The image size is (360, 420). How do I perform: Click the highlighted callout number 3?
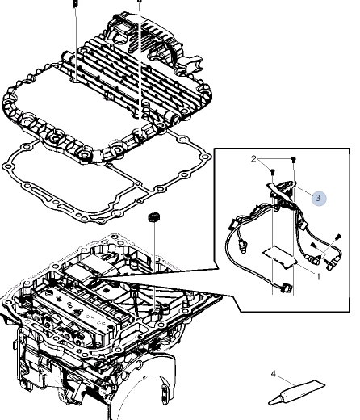(318, 198)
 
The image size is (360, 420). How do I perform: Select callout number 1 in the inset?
(318, 276)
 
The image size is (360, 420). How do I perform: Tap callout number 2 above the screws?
(253, 159)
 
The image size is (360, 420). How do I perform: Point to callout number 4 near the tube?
(274, 374)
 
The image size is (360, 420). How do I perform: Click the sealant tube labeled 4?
(296, 393)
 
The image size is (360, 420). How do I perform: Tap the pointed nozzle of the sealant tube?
(274, 401)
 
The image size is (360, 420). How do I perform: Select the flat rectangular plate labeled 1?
(280, 258)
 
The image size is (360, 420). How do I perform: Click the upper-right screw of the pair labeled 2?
(294, 159)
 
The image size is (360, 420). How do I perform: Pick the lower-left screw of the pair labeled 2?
(273, 171)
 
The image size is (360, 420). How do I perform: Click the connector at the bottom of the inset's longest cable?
(285, 289)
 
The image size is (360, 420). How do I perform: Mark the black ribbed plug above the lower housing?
(154, 216)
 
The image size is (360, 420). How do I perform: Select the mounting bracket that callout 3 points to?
(281, 187)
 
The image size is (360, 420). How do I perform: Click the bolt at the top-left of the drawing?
(76, 3)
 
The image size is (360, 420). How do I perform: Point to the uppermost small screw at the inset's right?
(338, 237)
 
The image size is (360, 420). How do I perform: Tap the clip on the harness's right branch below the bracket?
(303, 223)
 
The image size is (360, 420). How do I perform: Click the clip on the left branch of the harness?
(232, 224)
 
